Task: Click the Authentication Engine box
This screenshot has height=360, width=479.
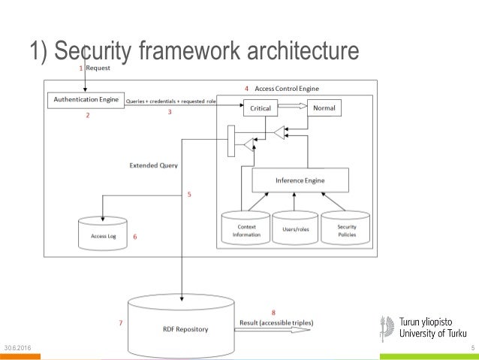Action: pyautogui.click(x=86, y=99)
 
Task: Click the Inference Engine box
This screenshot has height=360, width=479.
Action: pyautogui.click(x=300, y=180)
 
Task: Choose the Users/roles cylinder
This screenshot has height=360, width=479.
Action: pyautogui.click(x=295, y=228)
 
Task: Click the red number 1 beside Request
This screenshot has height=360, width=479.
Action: pyautogui.click(x=81, y=68)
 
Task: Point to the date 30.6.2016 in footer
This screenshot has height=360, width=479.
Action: pyautogui.click(x=17, y=346)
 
